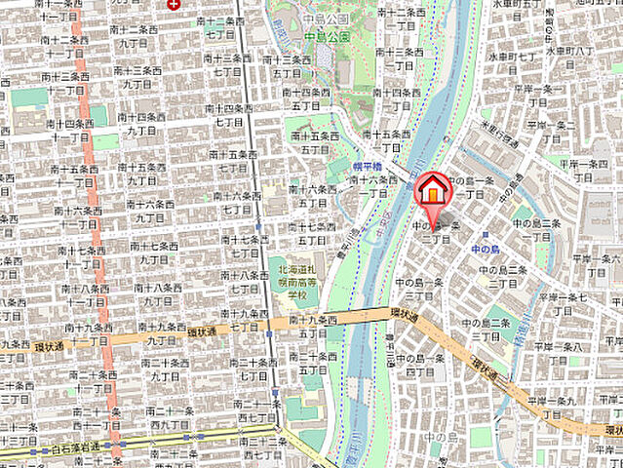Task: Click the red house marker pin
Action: click(433, 188)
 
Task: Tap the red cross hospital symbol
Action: click(174, 4)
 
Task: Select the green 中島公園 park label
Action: click(327, 36)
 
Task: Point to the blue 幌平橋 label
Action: click(366, 168)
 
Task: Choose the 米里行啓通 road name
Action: click(498, 132)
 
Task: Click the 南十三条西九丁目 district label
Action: click(137, 77)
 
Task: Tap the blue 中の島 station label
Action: click(487, 249)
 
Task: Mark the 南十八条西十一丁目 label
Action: click(78, 295)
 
